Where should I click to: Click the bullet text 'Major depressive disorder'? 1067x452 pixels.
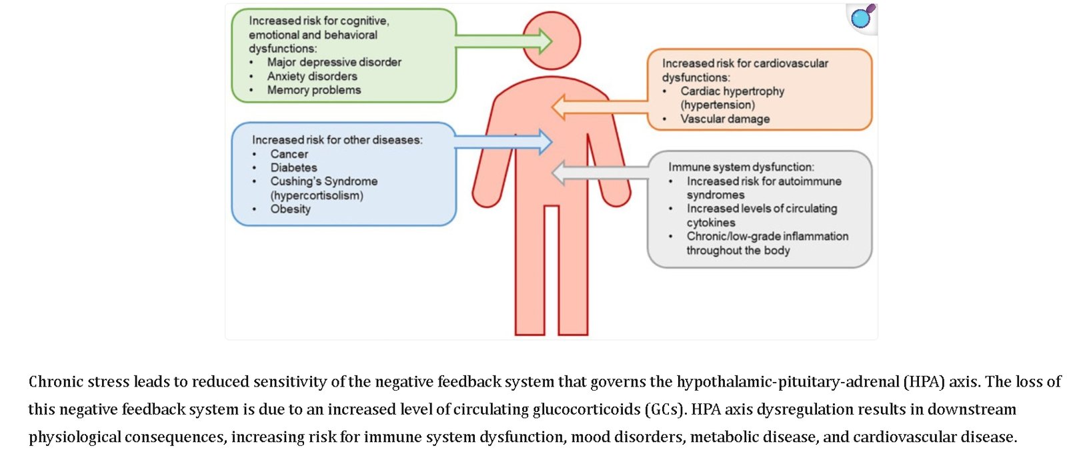[334, 62]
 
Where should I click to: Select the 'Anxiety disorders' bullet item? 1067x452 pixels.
[312, 76]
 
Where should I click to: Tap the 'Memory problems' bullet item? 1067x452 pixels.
[314, 90]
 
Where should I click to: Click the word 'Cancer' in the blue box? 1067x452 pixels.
[289, 154]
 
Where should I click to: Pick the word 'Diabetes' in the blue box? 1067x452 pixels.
[293, 167]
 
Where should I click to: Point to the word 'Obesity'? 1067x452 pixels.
[290, 209]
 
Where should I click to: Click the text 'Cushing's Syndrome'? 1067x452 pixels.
[323, 181]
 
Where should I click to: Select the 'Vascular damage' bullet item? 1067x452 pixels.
[725, 119]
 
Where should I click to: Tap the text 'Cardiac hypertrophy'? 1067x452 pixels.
[732, 91]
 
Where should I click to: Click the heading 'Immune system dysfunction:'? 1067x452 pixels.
[741, 167]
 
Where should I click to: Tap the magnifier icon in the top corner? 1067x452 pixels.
[862, 17]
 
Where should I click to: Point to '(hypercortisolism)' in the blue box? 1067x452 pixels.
[317, 195]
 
